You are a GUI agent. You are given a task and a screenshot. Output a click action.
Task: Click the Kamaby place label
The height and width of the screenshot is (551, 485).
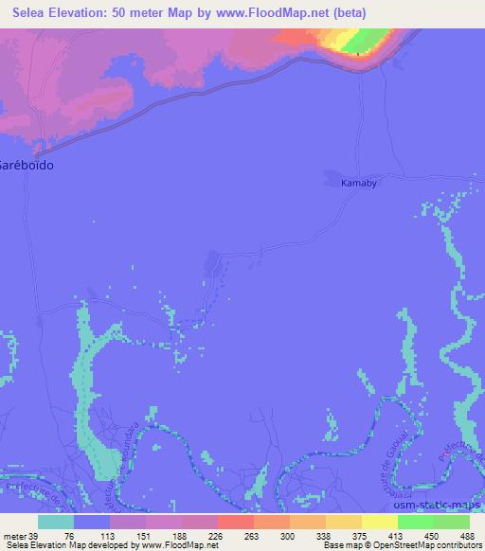[359, 184]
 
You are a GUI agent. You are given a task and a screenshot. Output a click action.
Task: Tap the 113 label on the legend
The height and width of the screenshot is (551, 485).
[109, 535]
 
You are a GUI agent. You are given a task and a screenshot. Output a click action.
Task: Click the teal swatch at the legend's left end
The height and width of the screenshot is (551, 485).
[56, 523]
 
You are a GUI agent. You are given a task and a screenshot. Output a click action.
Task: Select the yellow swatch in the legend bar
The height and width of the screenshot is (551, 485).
[380, 523]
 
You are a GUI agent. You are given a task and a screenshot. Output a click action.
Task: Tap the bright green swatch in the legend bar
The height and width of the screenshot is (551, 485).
[416, 523]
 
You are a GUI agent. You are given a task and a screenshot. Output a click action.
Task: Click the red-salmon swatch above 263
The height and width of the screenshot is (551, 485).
[236, 523]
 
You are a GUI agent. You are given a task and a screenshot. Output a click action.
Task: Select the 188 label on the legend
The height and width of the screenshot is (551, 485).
[180, 535]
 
